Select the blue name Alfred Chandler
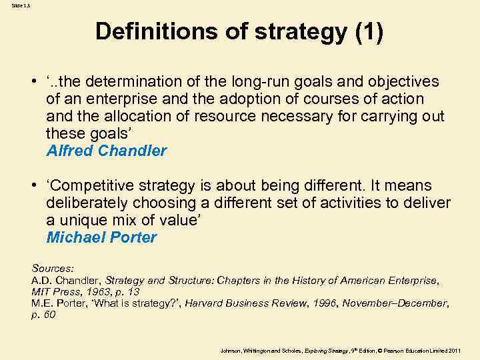coord(107,151)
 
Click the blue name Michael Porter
coord(102,237)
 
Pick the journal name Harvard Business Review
coord(240,303)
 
